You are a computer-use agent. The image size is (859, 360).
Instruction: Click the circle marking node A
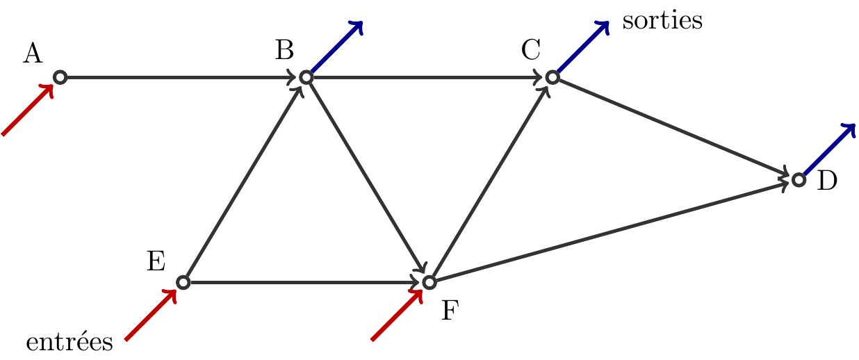coord(60,77)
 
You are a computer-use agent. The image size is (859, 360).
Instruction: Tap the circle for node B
coord(306,77)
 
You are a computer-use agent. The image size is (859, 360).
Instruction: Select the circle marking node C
coord(552,77)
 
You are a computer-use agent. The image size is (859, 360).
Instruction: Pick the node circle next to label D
coord(799,180)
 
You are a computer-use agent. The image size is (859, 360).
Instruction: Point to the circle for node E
coord(183,282)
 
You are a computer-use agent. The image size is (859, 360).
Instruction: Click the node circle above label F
coord(429,282)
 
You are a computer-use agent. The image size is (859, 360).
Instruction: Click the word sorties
coord(662,21)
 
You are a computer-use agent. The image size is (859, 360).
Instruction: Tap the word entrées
coord(69,342)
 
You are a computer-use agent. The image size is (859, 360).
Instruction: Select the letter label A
coord(32,54)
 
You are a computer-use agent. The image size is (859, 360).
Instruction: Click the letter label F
coord(450,311)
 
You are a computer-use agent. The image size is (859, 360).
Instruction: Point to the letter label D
coord(827,181)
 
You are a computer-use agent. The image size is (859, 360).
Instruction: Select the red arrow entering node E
coord(150,315)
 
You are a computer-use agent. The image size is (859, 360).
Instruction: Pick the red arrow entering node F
coord(397,315)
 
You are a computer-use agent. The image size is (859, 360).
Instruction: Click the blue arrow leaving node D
coord(829,149)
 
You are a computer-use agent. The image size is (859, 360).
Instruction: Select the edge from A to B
coord(181,77)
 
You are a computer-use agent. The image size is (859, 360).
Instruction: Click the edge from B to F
coord(367,179)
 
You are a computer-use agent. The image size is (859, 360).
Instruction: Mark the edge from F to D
coord(612,231)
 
